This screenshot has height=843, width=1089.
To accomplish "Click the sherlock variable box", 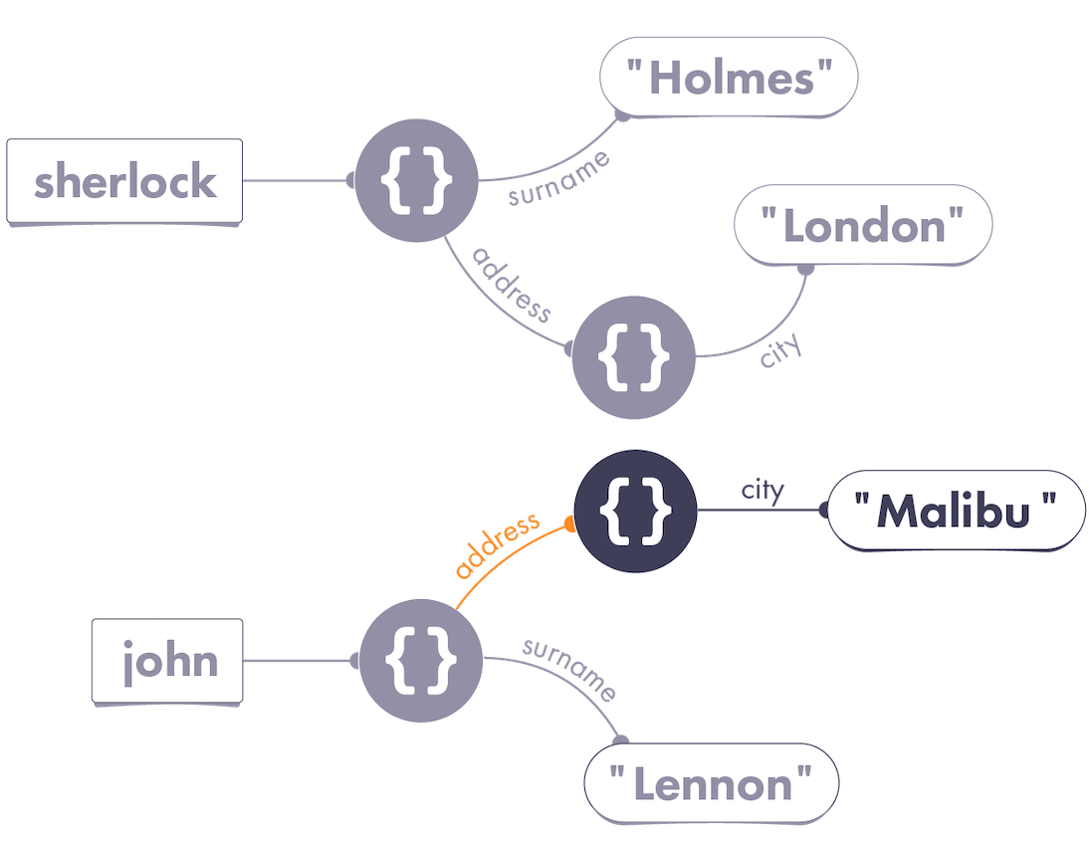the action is [124, 181].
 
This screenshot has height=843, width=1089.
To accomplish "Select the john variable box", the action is [167, 661].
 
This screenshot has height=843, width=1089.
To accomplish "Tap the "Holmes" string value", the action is [729, 77].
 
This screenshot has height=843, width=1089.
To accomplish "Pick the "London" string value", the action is [863, 225].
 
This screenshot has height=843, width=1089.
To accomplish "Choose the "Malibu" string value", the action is [957, 512].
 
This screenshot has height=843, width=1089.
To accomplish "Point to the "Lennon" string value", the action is [711, 784].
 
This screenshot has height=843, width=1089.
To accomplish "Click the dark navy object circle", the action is [635, 512].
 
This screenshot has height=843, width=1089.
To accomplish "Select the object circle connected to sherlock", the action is [417, 180].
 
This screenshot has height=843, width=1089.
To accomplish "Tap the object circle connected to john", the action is [421, 661].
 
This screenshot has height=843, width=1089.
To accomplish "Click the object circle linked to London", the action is [633, 357].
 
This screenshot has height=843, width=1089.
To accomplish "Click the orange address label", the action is [498, 544].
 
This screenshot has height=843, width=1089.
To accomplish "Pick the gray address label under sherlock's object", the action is [512, 285].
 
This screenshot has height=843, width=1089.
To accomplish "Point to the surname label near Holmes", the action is [559, 179].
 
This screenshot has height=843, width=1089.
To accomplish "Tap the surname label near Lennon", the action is [569, 670].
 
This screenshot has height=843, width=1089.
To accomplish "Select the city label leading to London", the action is [780, 349].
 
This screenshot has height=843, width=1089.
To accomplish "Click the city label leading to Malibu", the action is [762, 491].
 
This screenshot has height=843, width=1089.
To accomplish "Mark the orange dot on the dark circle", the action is [570, 525].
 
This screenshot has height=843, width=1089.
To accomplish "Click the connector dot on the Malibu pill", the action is [823, 511].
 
